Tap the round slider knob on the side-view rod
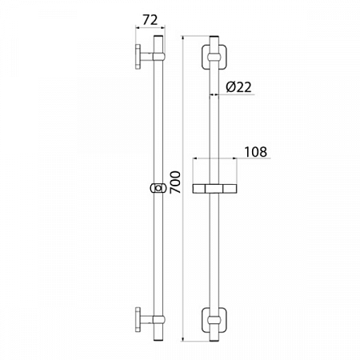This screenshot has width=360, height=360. [158, 189]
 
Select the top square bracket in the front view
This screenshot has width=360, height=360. [215, 58]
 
